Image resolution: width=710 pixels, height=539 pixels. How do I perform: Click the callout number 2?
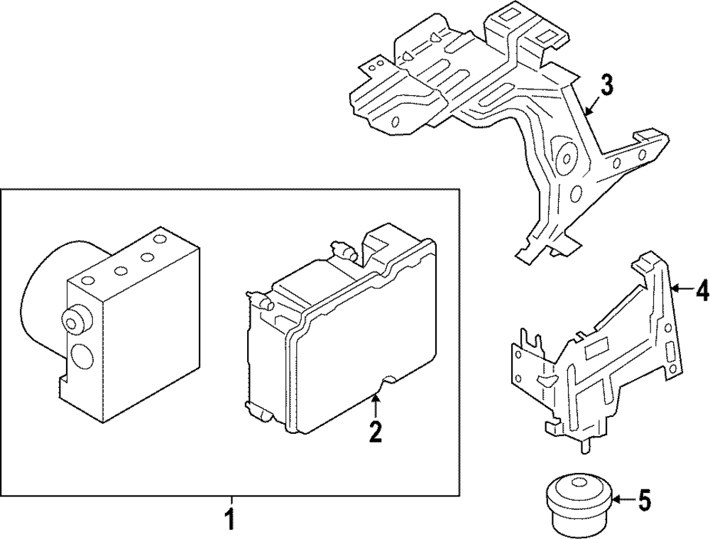coord(375,430)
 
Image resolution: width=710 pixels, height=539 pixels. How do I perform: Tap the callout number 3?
coord(606,87)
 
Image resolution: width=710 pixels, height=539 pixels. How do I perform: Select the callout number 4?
coord(701,290)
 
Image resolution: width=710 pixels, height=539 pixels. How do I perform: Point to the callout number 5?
coord(643,500)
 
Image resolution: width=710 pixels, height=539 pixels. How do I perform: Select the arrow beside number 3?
coord(591,105)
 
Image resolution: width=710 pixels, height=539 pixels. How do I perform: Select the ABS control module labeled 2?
coord(341,334)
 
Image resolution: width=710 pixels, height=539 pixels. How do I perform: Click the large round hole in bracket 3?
coord(567,159)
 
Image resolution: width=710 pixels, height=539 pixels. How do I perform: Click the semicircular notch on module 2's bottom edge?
coord(388,384)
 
